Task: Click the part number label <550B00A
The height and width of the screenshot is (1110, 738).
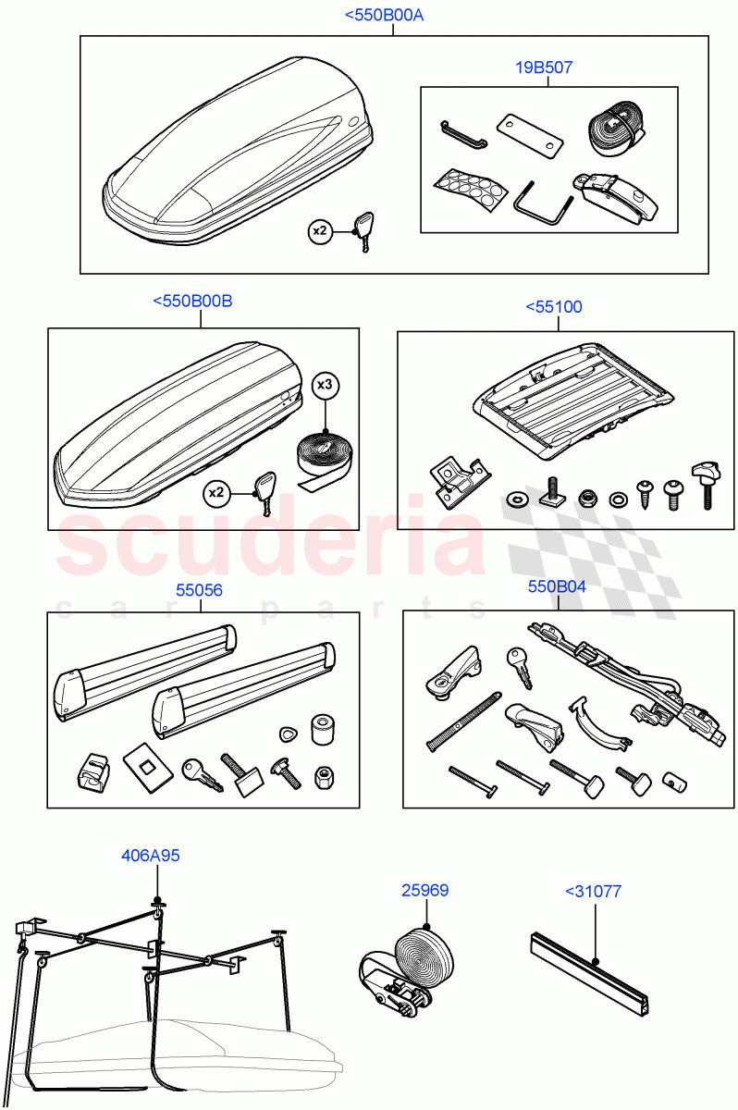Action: (384, 16)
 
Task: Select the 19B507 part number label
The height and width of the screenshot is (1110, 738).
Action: (544, 68)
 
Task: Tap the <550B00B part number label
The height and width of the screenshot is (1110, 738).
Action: (192, 302)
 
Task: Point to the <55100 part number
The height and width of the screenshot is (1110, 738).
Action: (554, 307)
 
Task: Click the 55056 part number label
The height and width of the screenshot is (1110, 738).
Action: (200, 590)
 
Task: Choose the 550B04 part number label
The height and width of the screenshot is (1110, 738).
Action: (557, 586)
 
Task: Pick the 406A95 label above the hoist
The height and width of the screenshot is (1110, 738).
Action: (150, 856)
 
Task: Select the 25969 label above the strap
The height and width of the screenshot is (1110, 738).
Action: (424, 891)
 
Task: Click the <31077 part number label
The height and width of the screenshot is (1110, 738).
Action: (593, 892)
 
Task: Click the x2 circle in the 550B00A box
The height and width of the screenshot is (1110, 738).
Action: (319, 231)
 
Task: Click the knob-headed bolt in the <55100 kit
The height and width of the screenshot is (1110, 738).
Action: (705, 482)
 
